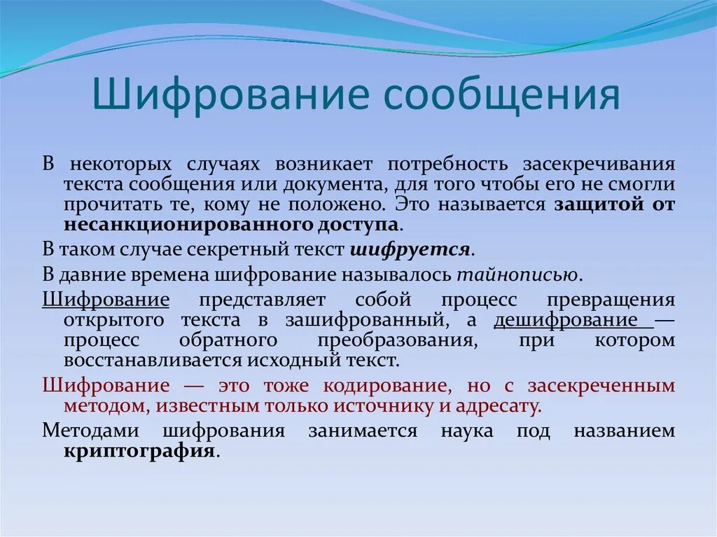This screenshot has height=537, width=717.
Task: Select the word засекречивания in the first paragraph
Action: click(599, 164)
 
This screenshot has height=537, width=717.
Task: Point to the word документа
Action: click(334, 184)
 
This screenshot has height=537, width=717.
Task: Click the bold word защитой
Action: click(598, 204)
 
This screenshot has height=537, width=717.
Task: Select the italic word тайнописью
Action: click(518, 274)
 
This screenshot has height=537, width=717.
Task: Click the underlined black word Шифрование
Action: click(106, 300)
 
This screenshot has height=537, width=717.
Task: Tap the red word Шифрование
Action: click(106, 385)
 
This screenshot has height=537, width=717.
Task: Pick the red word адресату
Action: click(500, 405)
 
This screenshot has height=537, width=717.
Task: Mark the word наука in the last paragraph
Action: click(467, 430)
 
